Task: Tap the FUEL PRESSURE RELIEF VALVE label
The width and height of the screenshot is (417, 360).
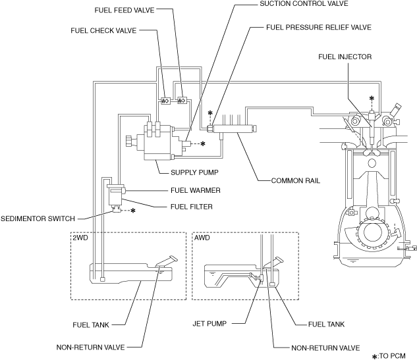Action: pyautogui.click(x=320, y=28)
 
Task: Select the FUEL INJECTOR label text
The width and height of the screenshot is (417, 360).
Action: pyautogui.click(x=345, y=57)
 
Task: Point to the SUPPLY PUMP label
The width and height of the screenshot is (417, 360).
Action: pyautogui.click(x=194, y=172)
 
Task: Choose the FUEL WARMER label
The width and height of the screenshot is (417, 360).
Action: pyautogui.click(x=195, y=190)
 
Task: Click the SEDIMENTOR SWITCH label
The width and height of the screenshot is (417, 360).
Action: pyautogui.click(x=38, y=219)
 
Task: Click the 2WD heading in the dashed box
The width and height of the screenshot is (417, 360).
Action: pyautogui.click(x=82, y=238)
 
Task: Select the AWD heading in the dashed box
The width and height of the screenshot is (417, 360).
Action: pyautogui.click(x=202, y=238)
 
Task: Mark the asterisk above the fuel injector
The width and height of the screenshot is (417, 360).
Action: pyautogui.click(x=372, y=99)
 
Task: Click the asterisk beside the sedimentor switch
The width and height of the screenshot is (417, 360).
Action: pyautogui.click(x=134, y=211)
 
